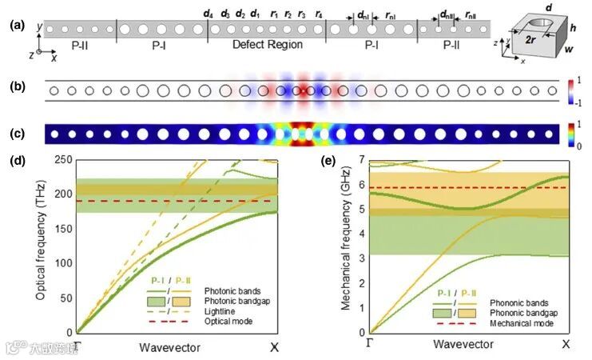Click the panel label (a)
[x=14, y=26]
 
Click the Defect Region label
[x=265, y=46]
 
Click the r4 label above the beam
[x=319, y=14]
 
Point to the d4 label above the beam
[x=209, y=14]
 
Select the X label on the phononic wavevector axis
[x=566, y=345]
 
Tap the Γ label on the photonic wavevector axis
[x=78, y=346]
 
